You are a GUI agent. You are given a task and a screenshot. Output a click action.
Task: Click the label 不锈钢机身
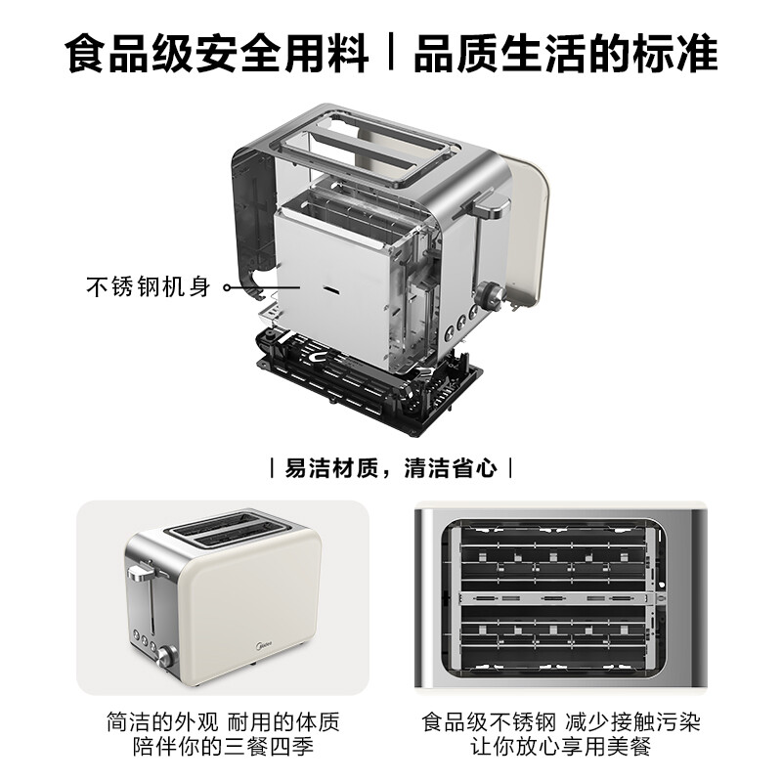pos(148,288)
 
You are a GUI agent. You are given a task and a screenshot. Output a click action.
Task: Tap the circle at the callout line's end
pos(227,288)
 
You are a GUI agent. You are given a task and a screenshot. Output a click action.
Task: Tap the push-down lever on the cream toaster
pos(141,571)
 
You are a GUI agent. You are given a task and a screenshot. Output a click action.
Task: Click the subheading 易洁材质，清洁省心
pos(391,467)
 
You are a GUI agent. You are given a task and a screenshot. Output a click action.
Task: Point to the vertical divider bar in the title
pos(392,54)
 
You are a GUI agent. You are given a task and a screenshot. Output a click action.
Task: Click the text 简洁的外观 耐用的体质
pos(223,723)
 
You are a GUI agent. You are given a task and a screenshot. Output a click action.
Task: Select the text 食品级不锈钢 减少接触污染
pos(561,723)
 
